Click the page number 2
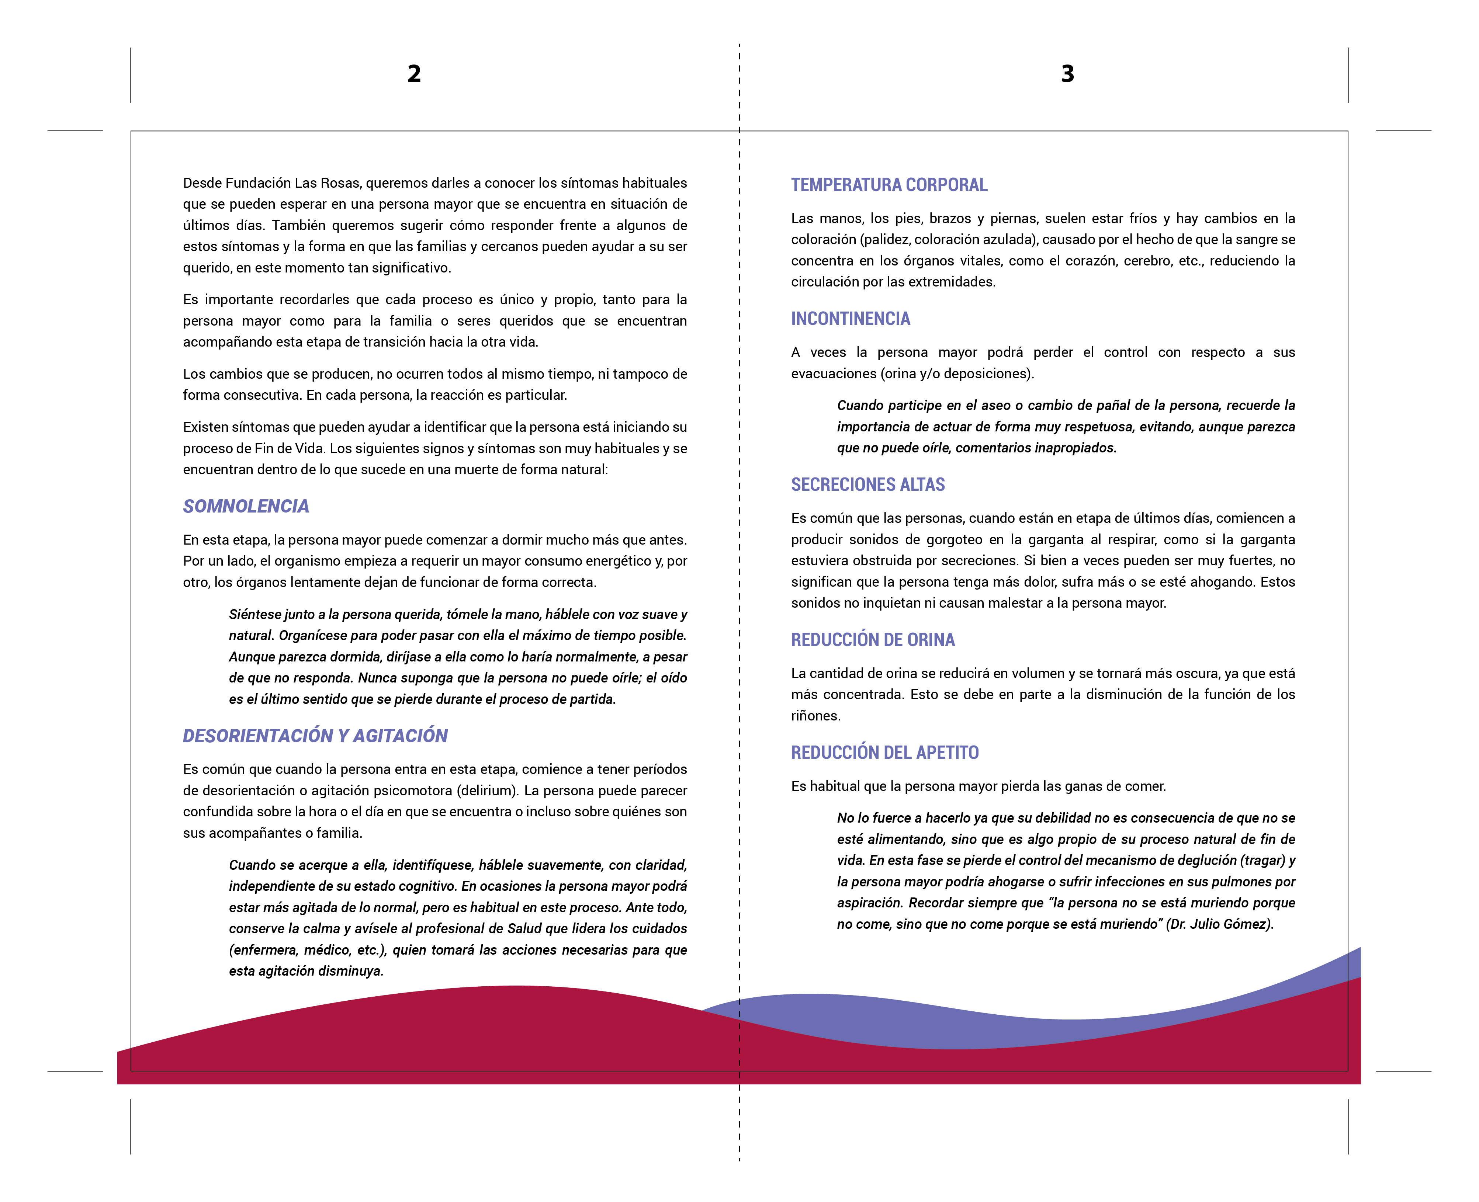click(x=414, y=73)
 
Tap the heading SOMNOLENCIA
click(x=246, y=506)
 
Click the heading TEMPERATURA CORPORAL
click(x=889, y=185)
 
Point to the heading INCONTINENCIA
click(x=850, y=319)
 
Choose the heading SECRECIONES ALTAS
click(x=867, y=485)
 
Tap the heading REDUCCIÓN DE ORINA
click(x=872, y=640)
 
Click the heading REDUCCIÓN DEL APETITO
click(x=885, y=753)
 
